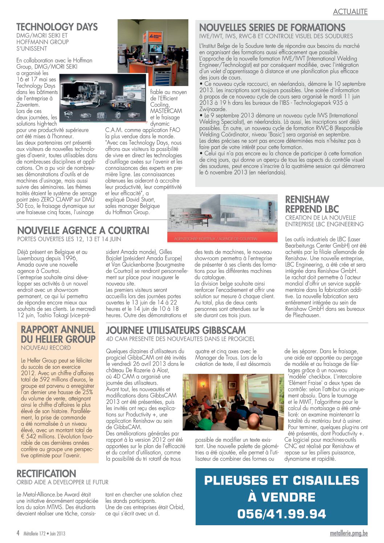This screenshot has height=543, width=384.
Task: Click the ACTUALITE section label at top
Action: click(x=350, y=12)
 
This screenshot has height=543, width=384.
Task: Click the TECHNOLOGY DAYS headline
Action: click(x=57, y=27)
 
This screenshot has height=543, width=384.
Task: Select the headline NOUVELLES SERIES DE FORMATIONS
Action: click(x=272, y=28)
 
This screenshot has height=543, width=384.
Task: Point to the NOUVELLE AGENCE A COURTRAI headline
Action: click(x=83, y=230)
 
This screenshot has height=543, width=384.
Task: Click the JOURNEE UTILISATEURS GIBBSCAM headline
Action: click(x=176, y=330)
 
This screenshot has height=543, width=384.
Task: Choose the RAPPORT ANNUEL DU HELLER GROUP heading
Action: click(x=58, y=334)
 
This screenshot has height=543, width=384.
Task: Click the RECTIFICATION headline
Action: click(x=46, y=474)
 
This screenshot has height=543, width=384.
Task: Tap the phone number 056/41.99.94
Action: click(x=282, y=514)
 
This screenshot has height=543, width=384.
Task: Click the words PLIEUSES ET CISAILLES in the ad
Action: click(x=282, y=481)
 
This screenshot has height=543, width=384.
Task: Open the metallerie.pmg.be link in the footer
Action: click(x=349, y=534)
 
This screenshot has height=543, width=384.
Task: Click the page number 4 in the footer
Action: click(x=18, y=533)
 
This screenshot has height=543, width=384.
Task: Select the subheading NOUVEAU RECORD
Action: click(x=46, y=348)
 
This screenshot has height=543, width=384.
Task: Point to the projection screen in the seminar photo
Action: click(x=260, y=386)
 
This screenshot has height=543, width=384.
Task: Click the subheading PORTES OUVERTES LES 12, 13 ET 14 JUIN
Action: click(x=69, y=239)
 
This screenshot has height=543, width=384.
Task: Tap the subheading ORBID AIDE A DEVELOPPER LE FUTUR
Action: click(x=62, y=482)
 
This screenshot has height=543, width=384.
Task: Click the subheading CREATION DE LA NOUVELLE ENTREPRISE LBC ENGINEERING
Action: click(x=324, y=221)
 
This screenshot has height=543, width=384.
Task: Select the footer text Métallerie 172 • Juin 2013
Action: click(x=44, y=534)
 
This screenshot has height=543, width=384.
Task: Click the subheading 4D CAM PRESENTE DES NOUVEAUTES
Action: click(x=180, y=339)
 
